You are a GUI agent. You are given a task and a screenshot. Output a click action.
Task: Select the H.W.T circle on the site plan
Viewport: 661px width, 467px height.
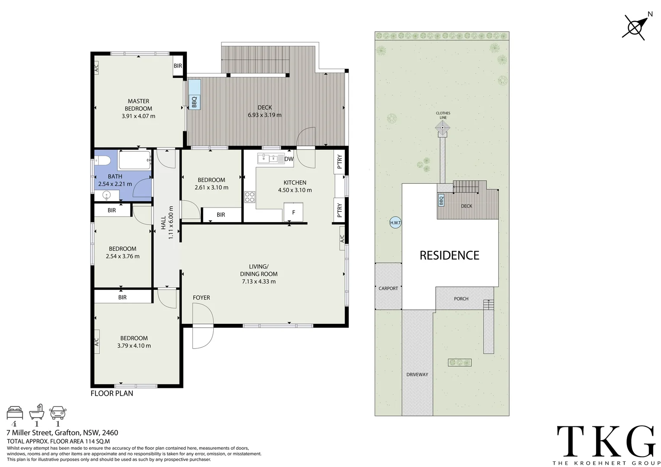[x=395, y=223]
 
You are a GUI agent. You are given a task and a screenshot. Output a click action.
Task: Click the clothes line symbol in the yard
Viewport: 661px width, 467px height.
[x=443, y=127]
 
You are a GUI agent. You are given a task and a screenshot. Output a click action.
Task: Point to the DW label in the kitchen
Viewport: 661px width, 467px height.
[x=289, y=159]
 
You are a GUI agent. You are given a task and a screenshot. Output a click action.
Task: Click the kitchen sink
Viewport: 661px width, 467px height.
[x=270, y=158]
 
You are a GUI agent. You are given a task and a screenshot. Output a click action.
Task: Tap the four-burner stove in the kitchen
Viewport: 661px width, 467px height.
[x=250, y=197]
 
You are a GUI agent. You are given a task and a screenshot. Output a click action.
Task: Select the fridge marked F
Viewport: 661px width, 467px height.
[x=294, y=212]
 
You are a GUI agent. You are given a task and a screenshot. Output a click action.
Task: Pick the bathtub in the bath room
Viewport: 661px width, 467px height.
[x=135, y=160]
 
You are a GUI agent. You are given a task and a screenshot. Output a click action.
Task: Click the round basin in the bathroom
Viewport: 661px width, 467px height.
[x=106, y=196]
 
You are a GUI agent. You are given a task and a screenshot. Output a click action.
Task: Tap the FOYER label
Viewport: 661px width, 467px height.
[x=201, y=297]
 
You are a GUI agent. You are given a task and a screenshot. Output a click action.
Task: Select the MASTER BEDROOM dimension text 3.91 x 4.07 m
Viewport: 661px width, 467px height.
[x=138, y=116]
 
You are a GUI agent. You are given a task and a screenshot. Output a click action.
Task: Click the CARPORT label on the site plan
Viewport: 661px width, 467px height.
[x=388, y=288]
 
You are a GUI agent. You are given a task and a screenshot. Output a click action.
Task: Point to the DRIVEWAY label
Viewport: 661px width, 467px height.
[x=417, y=374]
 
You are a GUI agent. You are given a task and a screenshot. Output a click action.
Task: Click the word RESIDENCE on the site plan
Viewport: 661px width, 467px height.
[x=449, y=255]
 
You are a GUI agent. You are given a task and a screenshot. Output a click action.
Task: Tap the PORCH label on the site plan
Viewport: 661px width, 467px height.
[x=461, y=299]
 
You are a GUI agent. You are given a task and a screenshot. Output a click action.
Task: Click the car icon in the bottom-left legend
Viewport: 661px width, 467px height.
[x=58, y=413]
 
